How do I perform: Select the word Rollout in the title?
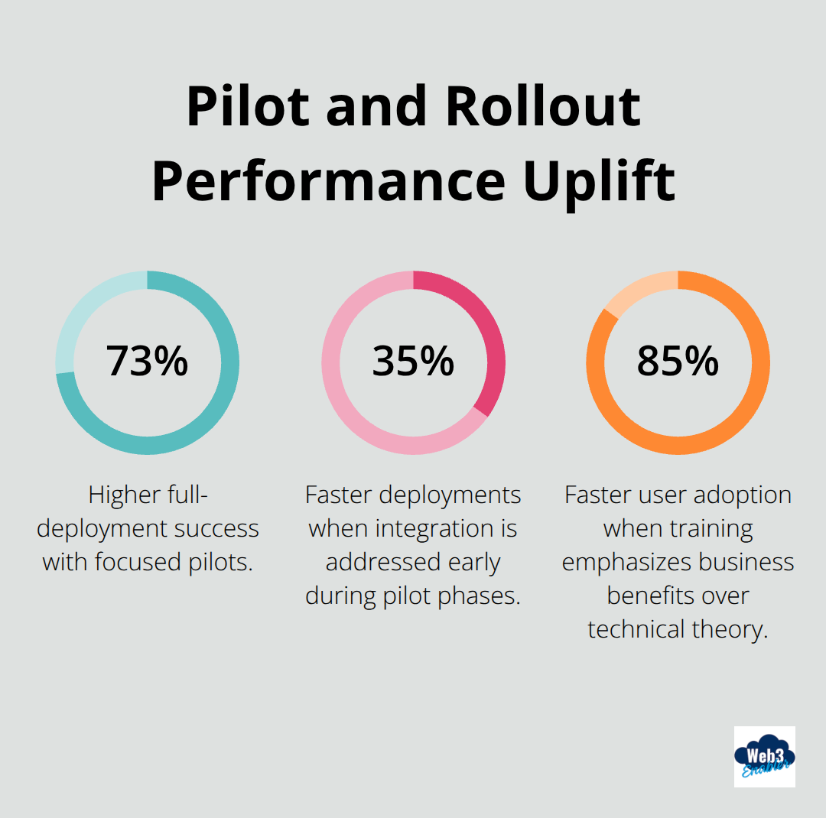click(x=542, y=106)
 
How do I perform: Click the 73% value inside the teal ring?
click(x=147, y=362)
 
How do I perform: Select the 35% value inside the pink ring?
click(x=413, y=362)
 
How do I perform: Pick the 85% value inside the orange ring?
click(x=678, y=362)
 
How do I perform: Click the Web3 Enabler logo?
click(x=764, y=756)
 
